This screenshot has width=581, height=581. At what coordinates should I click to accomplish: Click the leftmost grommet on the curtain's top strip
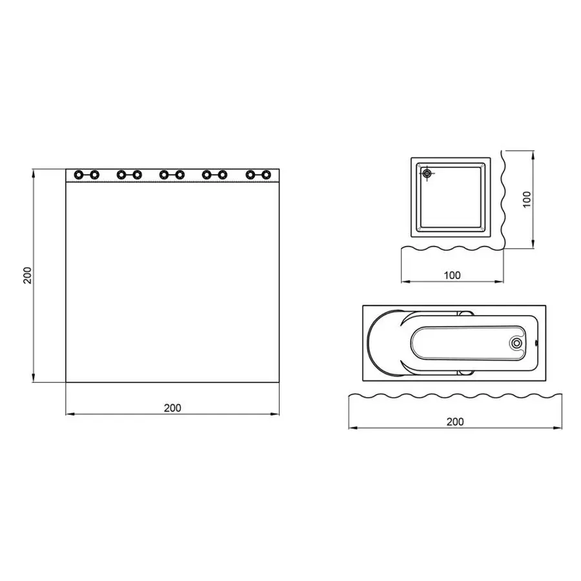click(78, 175)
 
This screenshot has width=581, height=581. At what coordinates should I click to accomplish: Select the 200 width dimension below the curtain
click(172, 407)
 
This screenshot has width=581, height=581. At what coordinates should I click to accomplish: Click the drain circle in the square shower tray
click(427, 173)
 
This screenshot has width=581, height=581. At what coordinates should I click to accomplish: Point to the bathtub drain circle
click(516, 343)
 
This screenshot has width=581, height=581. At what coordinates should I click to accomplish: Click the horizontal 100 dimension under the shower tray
click(453, 275)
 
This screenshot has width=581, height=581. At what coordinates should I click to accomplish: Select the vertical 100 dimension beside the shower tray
click(527, 198)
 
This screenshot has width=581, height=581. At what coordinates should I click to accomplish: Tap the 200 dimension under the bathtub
click(455, 422)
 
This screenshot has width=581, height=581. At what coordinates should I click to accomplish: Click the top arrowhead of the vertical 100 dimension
click(533, 153)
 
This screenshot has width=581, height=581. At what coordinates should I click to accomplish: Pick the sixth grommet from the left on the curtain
click(180, 175)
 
